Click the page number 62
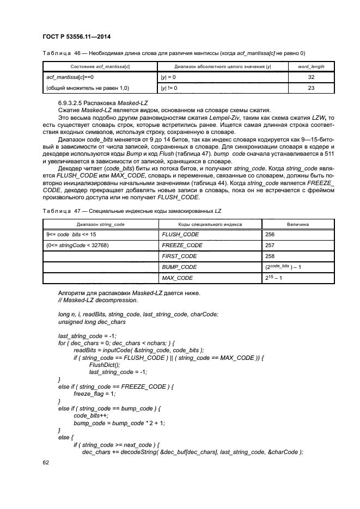click(x=46, y=463)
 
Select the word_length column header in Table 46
click(x=312, y=66)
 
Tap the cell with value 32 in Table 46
click(x=312, y=77)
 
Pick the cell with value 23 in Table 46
click(x=312, y=87)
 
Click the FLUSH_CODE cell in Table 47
click(x=180, y=235)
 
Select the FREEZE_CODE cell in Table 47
click(x=182, y=246)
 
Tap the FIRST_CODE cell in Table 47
click(x=179, y=256)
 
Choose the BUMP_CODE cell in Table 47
click(x=179, y=267)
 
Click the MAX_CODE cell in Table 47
click(x=178, y=278)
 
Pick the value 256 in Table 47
click(x=270, y=235)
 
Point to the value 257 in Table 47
click(x=270, y=246)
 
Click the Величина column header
click(x=298, y=224)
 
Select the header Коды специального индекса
click(x=210, y=224)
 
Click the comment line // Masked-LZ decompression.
click(x=97, y=300)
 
